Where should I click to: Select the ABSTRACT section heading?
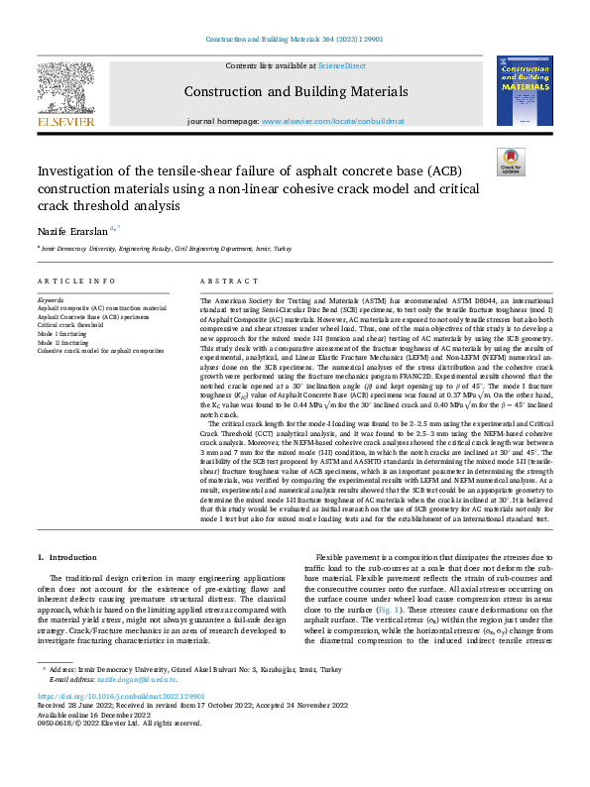click(223, 281)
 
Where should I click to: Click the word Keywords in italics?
click(51, 298)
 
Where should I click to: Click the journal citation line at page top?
click(294, 40)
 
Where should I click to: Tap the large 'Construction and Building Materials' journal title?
click(294, 92)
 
